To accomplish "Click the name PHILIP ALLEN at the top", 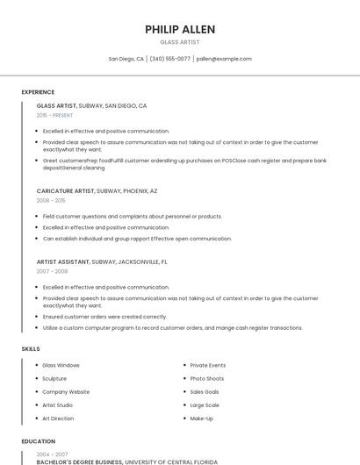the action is coord(179,29).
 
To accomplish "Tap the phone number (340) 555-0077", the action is coord(169,59).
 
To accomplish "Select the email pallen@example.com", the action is coord(224,59).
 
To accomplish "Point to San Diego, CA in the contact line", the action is coord(126,59).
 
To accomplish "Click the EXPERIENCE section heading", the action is coord(38,92).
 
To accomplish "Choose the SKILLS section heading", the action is coord(31,349).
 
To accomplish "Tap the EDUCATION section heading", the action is coord(38,441).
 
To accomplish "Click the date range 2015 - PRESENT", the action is coord(54,115).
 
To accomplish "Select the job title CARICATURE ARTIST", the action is coord(66,190).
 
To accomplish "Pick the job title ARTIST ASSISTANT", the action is coord(63,261).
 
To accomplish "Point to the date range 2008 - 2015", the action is coord(51,200).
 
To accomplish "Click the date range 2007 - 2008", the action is coord(52,271).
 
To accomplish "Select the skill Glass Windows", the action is coord(61,365).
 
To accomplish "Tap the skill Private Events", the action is coord(207,365).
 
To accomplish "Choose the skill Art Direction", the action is coord(58,418).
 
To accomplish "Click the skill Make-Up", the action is coord(201,418).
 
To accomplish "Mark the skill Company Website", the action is coord(66,392).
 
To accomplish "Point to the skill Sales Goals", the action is coord(205,392).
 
